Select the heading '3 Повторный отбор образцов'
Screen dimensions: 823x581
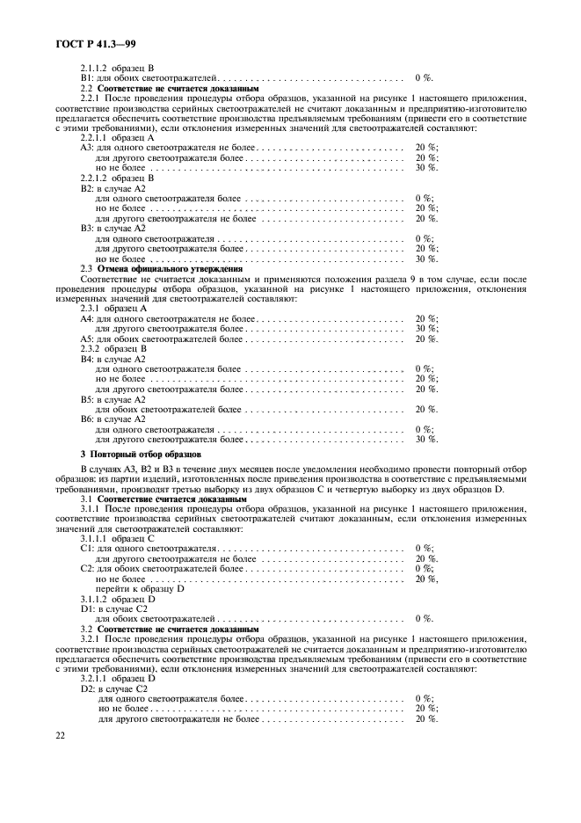tap(141, 454)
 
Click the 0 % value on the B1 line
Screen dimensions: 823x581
tap(425, 78)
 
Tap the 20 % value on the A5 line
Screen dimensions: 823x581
tap(426, 339)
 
